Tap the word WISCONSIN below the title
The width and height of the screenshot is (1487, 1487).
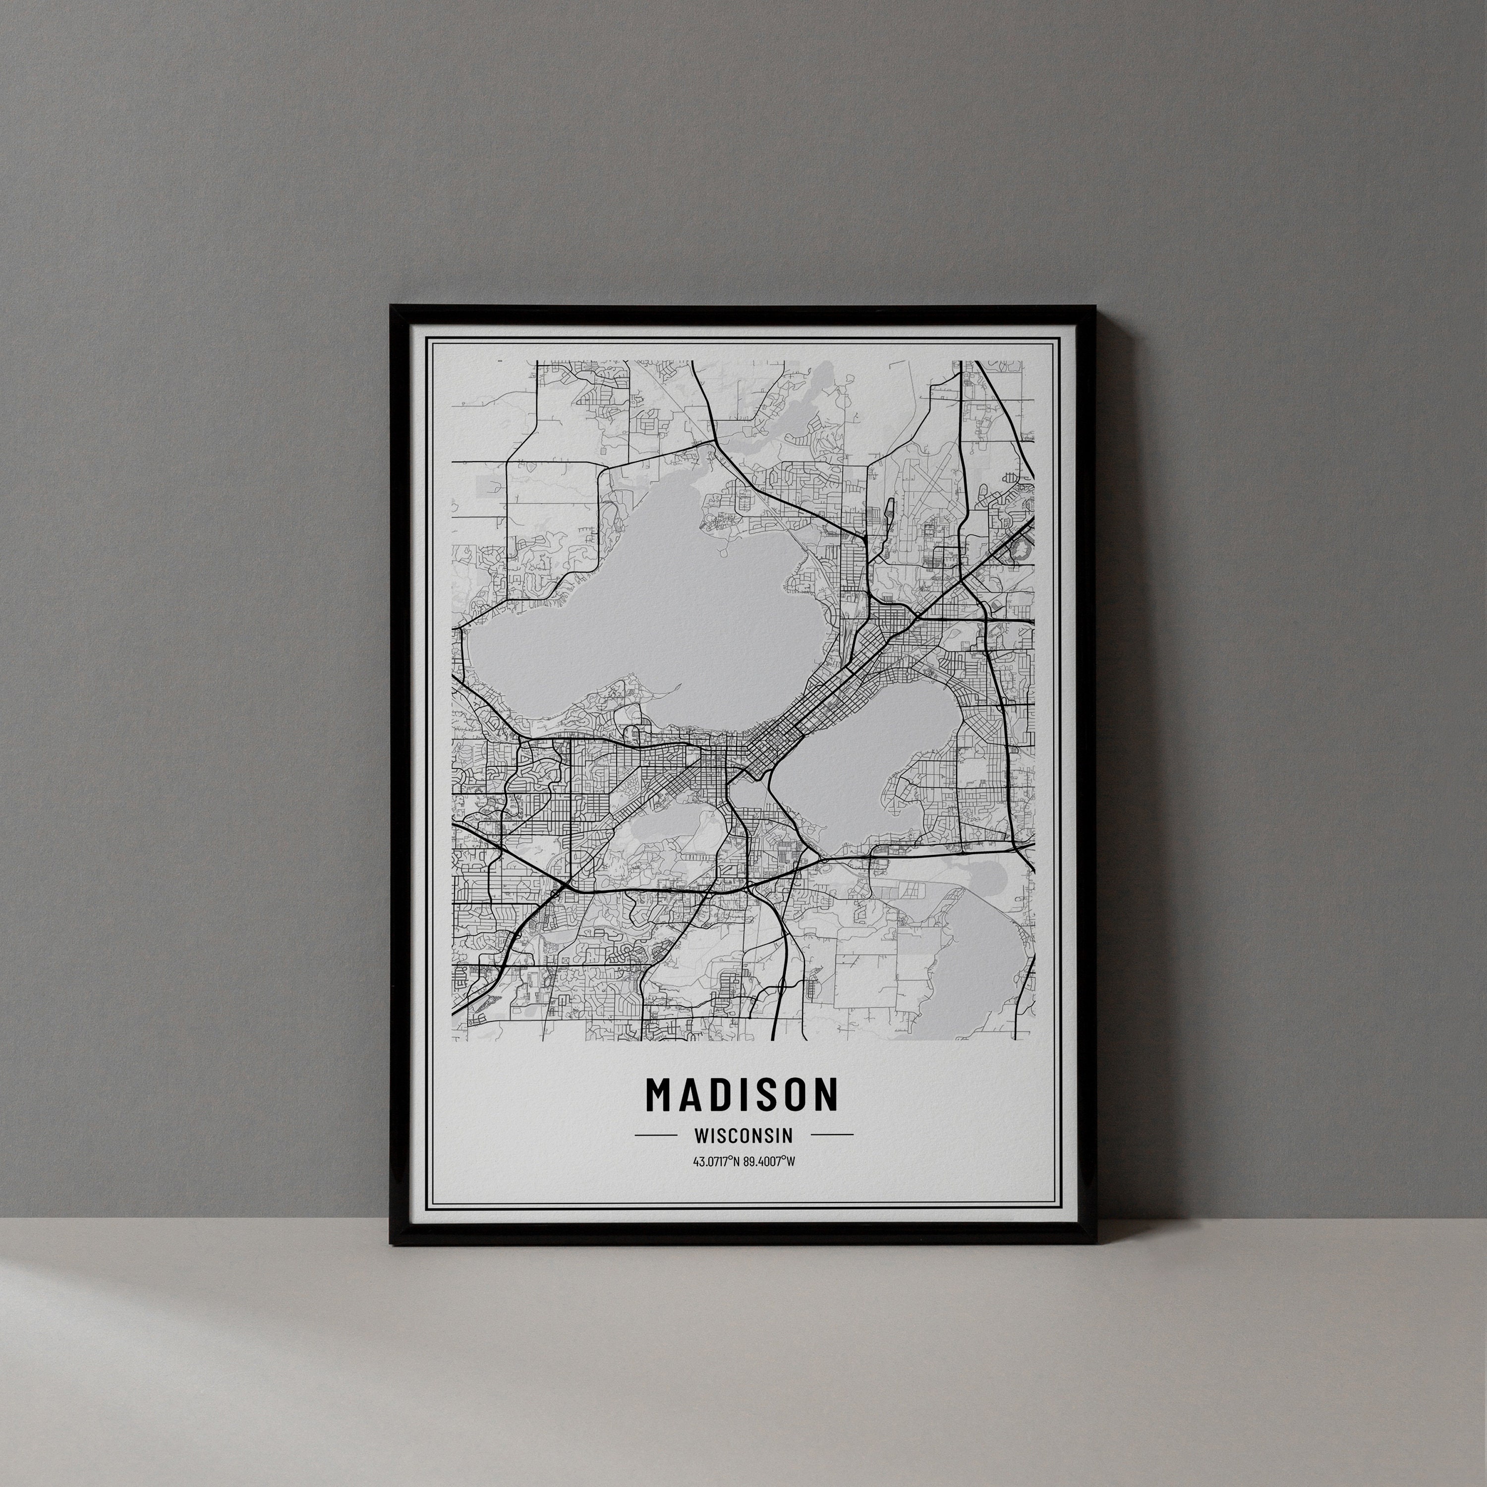pos(743,1135)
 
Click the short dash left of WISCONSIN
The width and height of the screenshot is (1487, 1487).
pos(655,1135)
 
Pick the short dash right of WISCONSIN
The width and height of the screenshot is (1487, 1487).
pos(832,1135)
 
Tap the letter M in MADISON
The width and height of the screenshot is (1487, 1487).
pos(660,1094)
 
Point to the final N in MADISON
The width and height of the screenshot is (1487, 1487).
pos(826,1094)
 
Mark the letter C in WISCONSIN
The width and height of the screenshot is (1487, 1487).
pos(735,1135)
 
